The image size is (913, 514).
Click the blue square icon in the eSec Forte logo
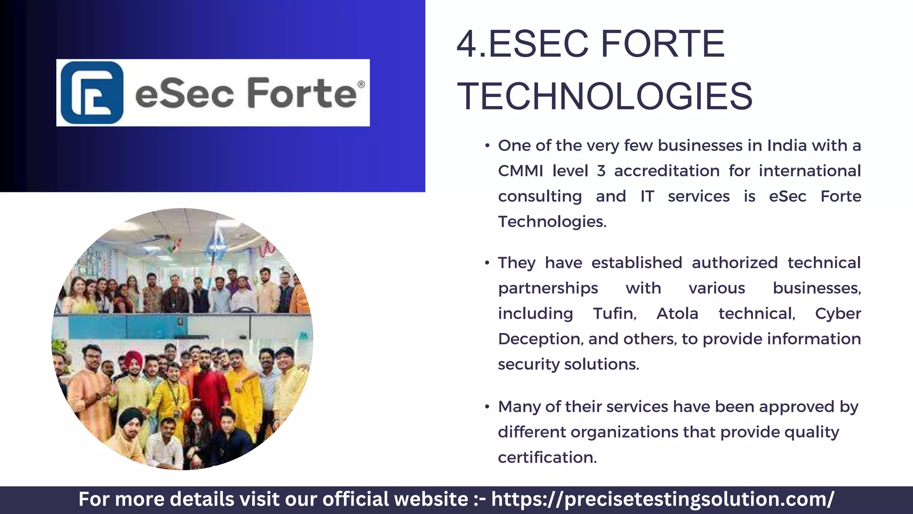[x=92, y=93]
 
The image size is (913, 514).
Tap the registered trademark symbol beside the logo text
[x=361, y=84]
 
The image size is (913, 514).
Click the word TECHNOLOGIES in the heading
[x=605, y=96]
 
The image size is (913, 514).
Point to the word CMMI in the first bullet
[x=520, y=171]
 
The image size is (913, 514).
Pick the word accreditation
[x=666, y=171]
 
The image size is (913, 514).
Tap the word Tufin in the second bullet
[x=614, y=313]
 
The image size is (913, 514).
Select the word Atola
[x=677, y=313]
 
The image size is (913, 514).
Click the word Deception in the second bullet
[x=540, y=339]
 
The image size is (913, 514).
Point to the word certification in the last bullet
[x=547, y=457]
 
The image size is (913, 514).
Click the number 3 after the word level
[x=601, y=171]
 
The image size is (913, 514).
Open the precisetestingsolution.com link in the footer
[x=662, y=499]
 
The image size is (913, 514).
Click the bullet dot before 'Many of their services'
[x=487, y=407]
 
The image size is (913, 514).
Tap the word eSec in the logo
[x=185, y=93]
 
